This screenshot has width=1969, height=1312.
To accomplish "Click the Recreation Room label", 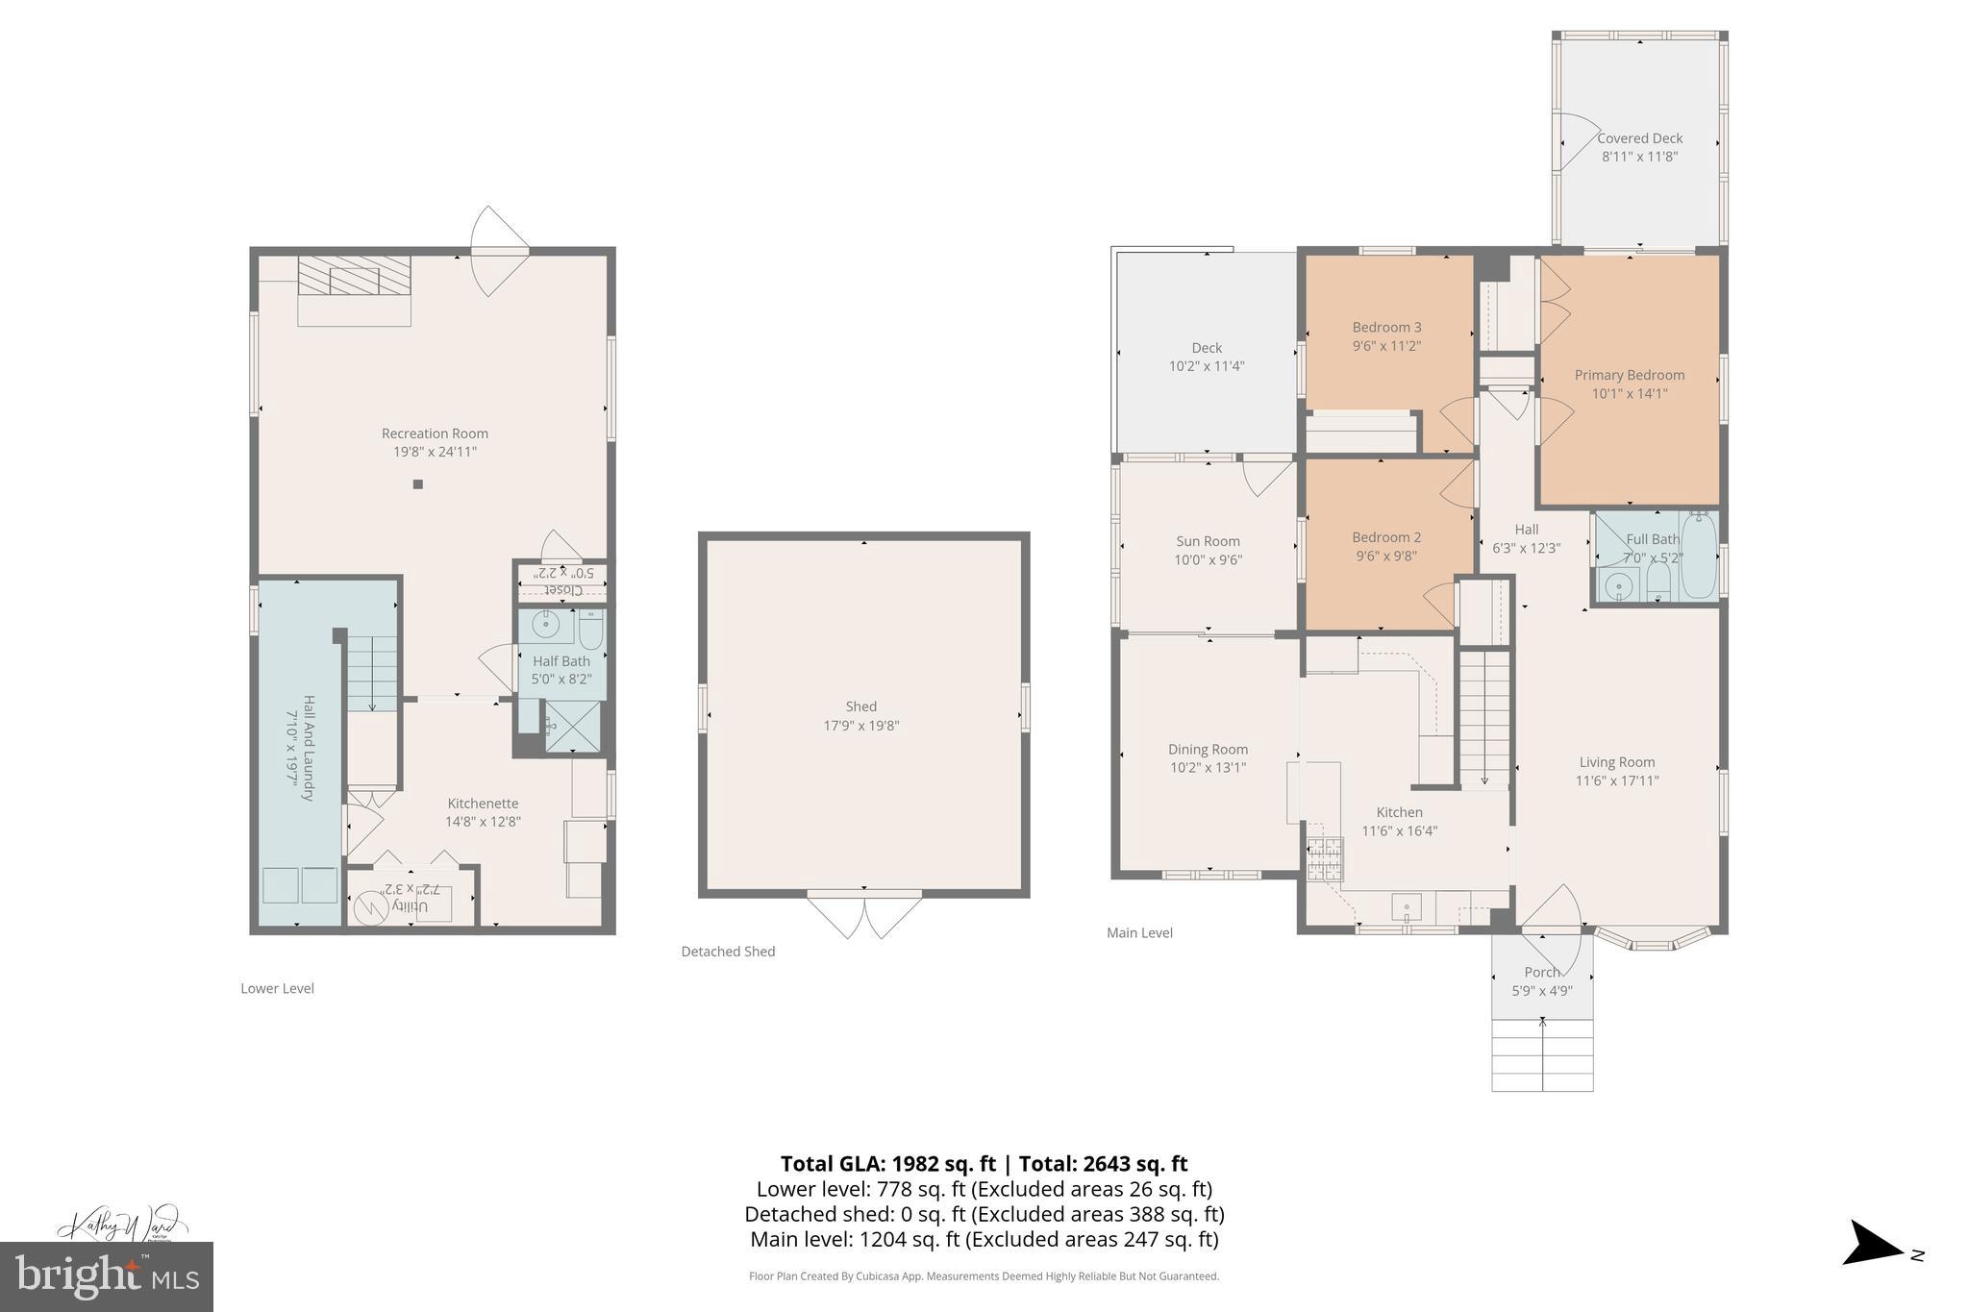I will [x=435, y=433].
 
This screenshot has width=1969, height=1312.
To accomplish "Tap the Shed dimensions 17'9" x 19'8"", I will [x=861, y=726].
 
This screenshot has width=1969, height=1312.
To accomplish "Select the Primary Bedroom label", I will [x=1629, y=375].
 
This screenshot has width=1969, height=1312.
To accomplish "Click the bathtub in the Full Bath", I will [x=1699, y=557].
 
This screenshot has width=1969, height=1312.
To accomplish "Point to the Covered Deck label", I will [x=1639, y=138].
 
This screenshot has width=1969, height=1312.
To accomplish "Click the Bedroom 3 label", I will [x=1386, y=327].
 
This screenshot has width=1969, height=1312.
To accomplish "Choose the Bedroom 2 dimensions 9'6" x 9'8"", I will [x=1386, y=556].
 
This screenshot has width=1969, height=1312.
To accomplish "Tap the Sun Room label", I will [x=1208, y=541].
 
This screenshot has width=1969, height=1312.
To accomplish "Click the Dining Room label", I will [x=1208, y=750].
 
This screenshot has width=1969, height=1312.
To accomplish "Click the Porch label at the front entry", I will [x=1541, y=972].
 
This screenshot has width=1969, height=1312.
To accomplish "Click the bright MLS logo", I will [x=107, y=1276].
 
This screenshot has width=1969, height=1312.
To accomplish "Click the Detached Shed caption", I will [x=728, y=952].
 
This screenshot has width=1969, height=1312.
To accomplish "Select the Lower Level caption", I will [x=277, y=988].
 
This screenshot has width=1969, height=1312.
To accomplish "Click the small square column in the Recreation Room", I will [x=418, y=484].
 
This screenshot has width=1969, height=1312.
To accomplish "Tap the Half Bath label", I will [x=561, y=661].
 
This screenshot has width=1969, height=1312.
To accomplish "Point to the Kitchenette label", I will [x=483, y=804].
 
